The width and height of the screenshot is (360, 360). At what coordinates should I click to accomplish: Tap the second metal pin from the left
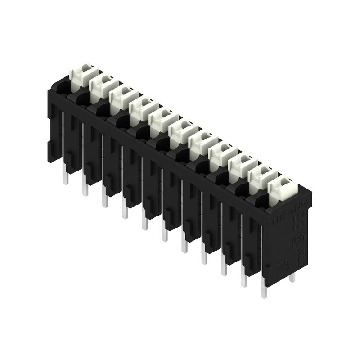(85, 189)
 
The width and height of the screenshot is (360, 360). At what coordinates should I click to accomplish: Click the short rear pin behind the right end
(292, 276)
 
